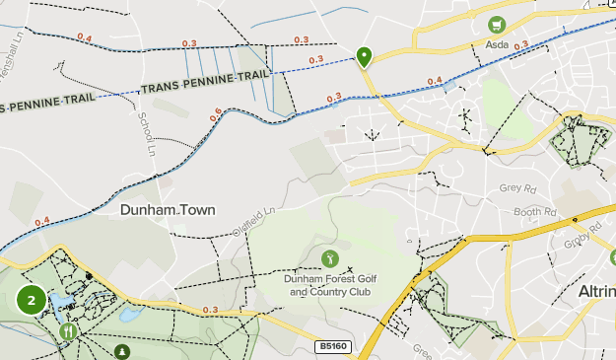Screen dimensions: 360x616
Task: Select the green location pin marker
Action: pyautogui.click(x=364, y=57)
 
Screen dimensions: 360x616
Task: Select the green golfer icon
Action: pyautogui.click(x=329, y=258)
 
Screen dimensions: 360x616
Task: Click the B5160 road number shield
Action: pyautogui.click(x=332, y=347)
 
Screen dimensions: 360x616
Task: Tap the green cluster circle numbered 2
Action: pyautogui.click(x=32, y=300)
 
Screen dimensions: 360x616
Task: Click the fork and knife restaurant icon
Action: pyautogui.click(x=69, y=332)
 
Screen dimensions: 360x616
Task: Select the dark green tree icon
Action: pyautogui.click(x=121, y=351)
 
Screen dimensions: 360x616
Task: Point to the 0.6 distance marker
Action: pyautogui.click(x=215, y=115)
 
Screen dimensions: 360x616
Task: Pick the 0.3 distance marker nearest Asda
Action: pyautogui.click(x=521, y=45)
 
